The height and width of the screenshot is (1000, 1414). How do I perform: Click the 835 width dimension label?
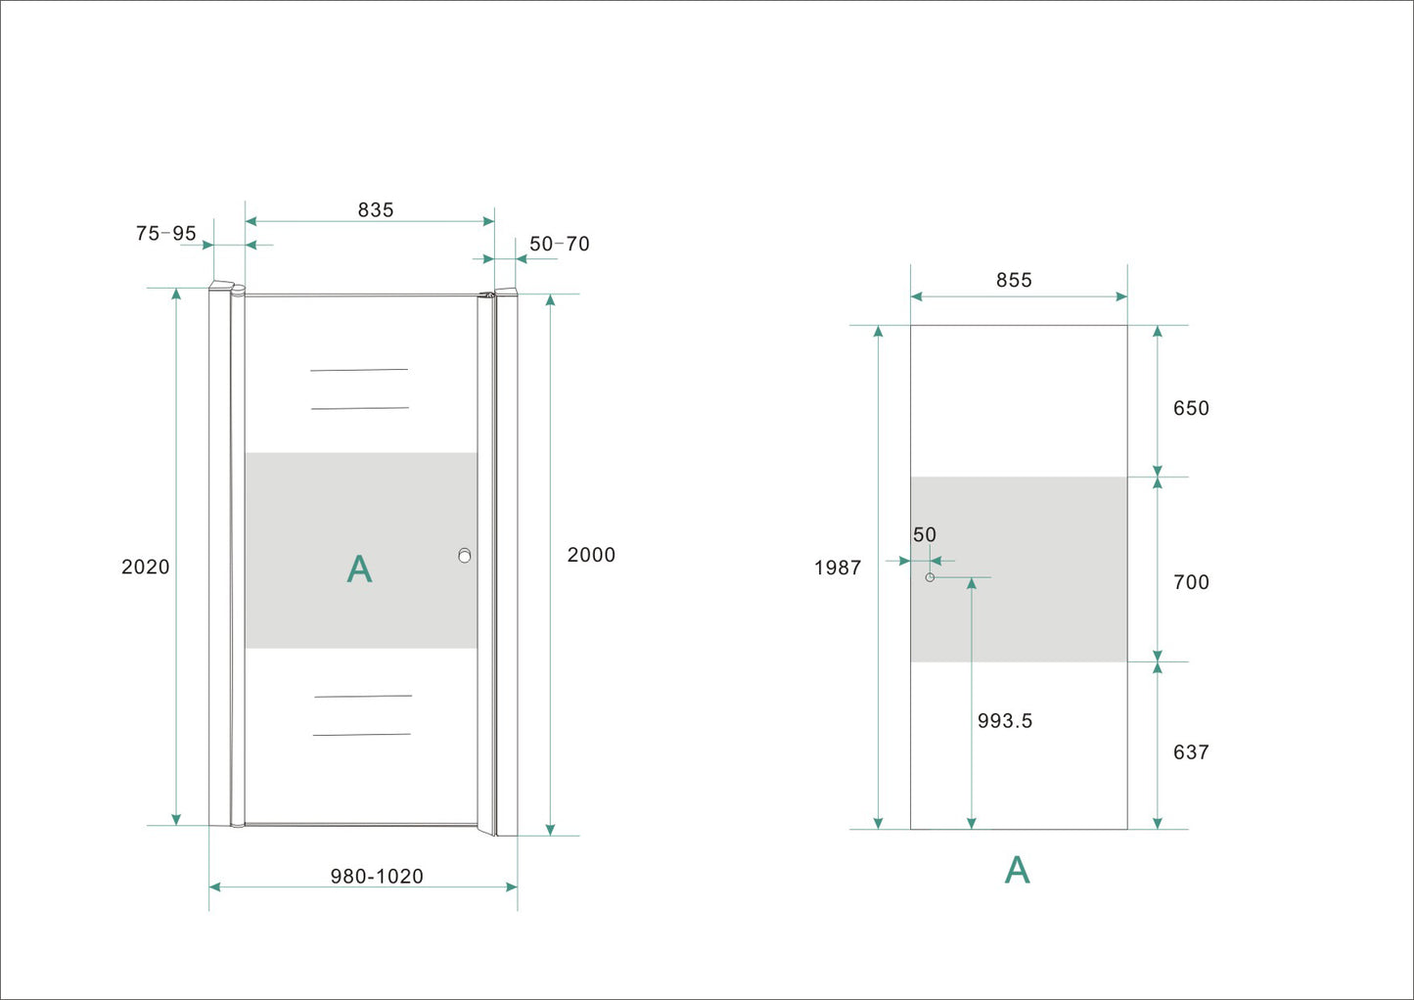[x=375, y=210]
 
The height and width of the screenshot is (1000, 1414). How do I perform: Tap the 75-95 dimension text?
[x=165, y=234]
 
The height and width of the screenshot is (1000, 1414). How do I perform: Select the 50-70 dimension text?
[x=560, y=244]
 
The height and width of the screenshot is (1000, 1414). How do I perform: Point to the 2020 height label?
[x=146, y=568]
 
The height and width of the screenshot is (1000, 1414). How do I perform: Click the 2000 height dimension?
[x=591, y=555]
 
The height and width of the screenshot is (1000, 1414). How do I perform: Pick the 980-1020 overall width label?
[x=377, y=877]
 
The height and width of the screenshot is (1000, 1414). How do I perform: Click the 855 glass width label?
[x=1014, y=281]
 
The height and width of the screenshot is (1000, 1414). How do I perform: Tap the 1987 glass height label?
[x=838, y=568]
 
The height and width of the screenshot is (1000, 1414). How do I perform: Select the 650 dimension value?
[x=1191, y=409]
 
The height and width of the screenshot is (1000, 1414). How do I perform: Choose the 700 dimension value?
[x=1191, y=583]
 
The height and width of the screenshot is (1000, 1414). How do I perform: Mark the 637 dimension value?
[x=1191, y=752]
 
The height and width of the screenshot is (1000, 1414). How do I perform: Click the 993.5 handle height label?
[x=1005, y=721]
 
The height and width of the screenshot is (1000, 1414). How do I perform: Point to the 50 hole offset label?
[x=925, y=535]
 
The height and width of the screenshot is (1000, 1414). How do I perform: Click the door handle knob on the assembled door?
[x=465, y=556]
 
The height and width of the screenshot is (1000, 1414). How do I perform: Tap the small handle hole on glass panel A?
[x=930, y=577]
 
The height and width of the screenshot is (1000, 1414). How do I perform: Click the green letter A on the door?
[x=359, y=569]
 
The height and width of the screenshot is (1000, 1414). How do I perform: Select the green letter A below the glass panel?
[x=1017, y=870]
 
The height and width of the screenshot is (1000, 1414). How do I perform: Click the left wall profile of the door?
[x=219, y=558]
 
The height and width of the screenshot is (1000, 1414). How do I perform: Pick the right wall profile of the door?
[x=507, y=563]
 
